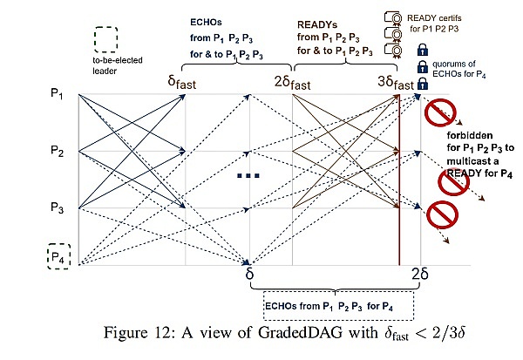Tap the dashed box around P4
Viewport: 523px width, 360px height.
pyautogui.click(x=58, y=257)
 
